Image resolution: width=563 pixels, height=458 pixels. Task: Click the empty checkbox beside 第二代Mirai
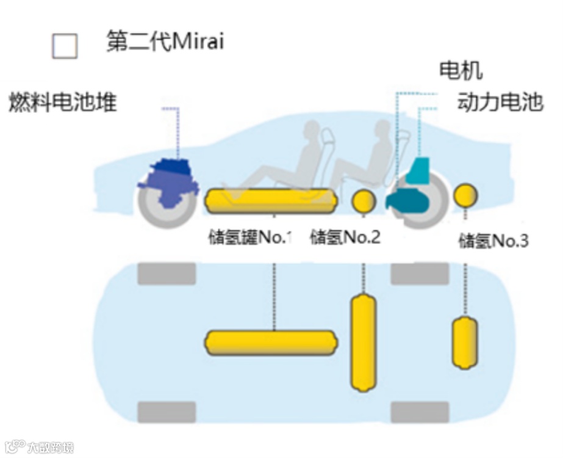(x=65, y=45)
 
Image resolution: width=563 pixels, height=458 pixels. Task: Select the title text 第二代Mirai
(x=165, y=42)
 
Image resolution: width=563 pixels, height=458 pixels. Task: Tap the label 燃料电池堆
(x=62, y=102)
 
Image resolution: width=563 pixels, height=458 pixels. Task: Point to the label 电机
(x=461, y=70)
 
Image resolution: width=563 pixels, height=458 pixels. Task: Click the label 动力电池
(x=500, y=102)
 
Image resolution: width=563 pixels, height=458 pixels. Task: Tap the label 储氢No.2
(x=345, y=237)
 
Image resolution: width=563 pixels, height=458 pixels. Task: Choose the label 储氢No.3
(x=493, y=241)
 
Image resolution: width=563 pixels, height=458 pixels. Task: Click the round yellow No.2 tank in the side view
(x=364, y=200)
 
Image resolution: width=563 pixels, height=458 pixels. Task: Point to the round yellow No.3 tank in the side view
(x=466, y=195)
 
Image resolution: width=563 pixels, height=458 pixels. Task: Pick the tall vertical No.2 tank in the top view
(x=363, y=342)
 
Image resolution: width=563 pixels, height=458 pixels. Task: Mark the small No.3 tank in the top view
(x=464, y=343)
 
